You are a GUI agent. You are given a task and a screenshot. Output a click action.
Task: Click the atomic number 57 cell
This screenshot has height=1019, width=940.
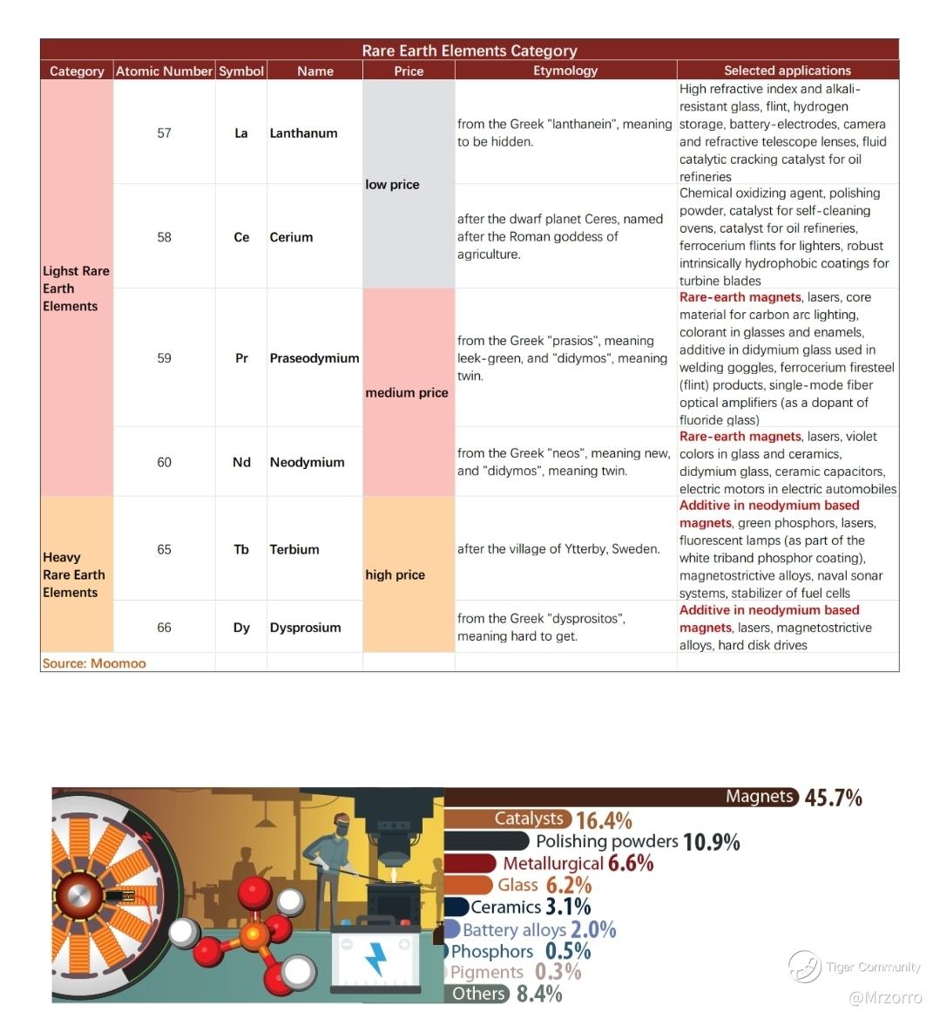pyautogui.click(x=164, y=133)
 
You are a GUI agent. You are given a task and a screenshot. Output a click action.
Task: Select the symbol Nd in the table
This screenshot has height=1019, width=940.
pyautogui.click(x=241, y=462)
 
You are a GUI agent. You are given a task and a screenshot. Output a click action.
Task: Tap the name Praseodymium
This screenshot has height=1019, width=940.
pyautogui.click(x=314, y=358)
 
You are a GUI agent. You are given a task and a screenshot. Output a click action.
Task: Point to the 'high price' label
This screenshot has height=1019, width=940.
pyautogui.click(x=395, y=575)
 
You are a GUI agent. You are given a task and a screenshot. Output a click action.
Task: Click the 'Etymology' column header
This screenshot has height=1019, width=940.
pyautogui.click(x=565, y=71)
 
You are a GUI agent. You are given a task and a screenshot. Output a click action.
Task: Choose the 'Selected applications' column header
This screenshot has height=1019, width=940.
pyautogui.click(x=787, y=71)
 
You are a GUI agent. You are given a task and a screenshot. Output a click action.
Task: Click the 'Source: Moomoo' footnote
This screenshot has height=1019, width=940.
pyautogui.click(x=94, y=663)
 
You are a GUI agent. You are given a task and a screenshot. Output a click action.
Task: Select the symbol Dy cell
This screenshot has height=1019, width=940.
pyautogui.click(x=241, y=628)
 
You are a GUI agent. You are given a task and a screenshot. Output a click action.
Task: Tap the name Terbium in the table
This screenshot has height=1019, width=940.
pyautogui.click(x=294, y=549)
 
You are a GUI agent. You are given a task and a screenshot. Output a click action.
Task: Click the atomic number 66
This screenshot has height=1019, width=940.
pyautogui.click(x=164, y=628)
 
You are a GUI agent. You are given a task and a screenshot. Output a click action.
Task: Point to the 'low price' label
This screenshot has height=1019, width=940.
pyautogui.click(x=392, y=185)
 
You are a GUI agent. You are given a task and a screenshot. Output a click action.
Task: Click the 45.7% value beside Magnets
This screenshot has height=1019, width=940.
pyautogui.click(x=833, y=798)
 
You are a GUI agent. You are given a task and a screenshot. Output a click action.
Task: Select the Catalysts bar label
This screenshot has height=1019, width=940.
pyautogui.click(x=529, y=819)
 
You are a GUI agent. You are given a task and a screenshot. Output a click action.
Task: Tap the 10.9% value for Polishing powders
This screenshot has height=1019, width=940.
pyautogui.click(x=711, y=842)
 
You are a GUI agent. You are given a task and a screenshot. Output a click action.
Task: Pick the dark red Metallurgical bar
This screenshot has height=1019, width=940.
pyautogui.click(x=470, y=863)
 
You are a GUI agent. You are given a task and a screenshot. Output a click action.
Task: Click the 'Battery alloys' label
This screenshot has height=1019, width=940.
pyautogui.click(x=514, y=930)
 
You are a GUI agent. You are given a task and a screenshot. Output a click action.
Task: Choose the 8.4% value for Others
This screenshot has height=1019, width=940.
pyautogui.click(x=538, y=994)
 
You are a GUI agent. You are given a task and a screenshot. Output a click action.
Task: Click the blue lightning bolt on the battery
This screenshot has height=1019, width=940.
pyautogui.click(x=375, y=958)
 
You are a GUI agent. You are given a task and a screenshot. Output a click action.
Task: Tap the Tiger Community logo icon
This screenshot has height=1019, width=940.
pyautogui.click(x=804, y=966)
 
